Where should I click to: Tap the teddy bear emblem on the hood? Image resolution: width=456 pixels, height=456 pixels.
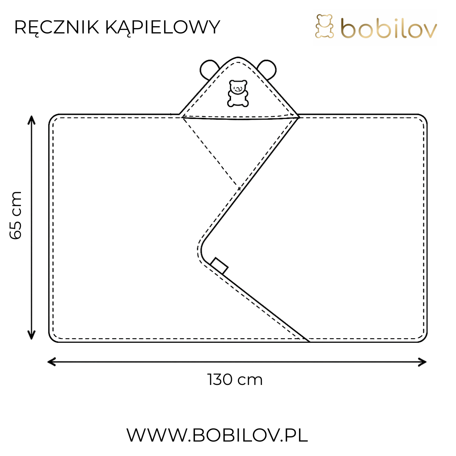point(238,93)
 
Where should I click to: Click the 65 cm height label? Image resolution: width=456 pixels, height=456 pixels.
point(16,215)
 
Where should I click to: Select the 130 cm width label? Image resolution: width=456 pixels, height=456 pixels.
point(235,380)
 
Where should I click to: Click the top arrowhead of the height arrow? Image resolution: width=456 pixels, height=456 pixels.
point(32,119)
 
